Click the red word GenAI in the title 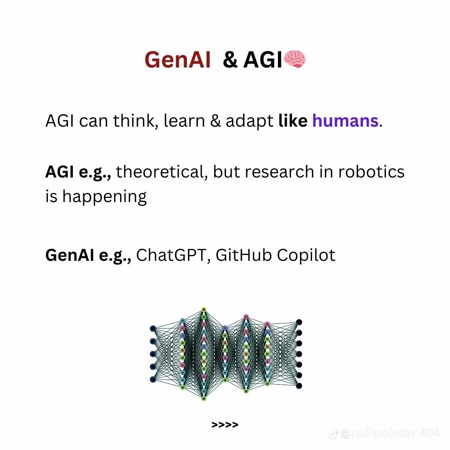[x=177, y=60]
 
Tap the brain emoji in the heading [x=295, y=60]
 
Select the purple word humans [x=345, y=121]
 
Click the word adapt [x=250, y=122]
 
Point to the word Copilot [x=306, y=255]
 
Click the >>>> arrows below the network [x=225, y=425]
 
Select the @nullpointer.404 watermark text [x=390, y=434]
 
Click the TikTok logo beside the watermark [x=333, y=434]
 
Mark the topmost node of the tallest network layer [x=204, y=310]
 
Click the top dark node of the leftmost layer [x=153, y=328]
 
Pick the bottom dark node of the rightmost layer [x=299, y=386]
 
